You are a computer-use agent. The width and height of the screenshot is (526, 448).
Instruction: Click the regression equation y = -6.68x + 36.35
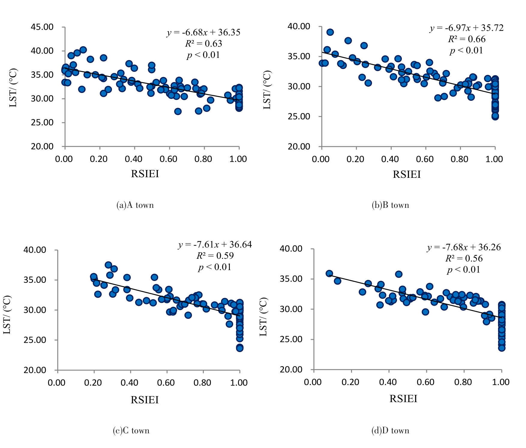point(203,32)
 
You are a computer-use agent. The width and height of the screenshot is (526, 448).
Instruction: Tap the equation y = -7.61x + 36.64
point(215,245)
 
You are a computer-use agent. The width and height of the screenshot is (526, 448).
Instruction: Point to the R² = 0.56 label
point(464,258)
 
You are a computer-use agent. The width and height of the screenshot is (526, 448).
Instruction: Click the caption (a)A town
point(135,205)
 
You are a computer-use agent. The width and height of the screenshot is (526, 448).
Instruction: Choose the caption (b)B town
point(390,205)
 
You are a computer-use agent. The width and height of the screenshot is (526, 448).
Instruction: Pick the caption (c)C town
point(131,431)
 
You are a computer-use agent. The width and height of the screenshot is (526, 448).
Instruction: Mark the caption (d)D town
point(390,431)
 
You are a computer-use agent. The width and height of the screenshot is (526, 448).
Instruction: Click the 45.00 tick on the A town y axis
point(42,27)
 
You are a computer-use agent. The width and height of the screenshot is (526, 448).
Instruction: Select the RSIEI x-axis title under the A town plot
point(145,174)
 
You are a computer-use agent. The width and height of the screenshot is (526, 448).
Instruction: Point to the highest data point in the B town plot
point(330,32)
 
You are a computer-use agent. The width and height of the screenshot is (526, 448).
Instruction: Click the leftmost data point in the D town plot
point(329,273)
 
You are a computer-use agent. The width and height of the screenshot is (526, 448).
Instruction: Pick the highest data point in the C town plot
point(108,265)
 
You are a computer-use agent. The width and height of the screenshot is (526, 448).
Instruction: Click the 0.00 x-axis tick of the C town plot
point(57,383)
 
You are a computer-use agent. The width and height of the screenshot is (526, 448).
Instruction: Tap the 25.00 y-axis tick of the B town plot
point(299,116)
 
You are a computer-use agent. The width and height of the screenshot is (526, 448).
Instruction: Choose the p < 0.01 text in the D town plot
point(464,270)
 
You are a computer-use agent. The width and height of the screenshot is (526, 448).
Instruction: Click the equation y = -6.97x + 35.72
point(467,28)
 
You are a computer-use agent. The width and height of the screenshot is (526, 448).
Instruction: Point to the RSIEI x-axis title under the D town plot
point(403,399)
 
